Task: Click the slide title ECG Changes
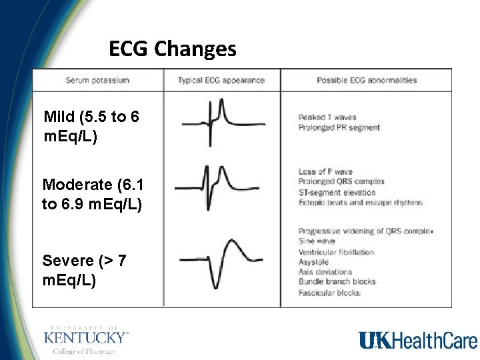(173, 49)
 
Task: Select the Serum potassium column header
(97, 81)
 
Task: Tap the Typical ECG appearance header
(221, 81)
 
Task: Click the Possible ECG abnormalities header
(367, 81)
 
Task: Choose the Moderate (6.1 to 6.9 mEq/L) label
(92, 194)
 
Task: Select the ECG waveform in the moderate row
(221, 188)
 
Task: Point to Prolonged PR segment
(339, 127)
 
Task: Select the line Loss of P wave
(325, 172)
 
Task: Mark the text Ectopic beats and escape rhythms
(360, 202)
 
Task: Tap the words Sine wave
(317, 241)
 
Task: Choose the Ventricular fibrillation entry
(336, 252)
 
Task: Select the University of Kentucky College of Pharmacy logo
(86, 340)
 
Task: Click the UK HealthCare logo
(418, 341)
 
